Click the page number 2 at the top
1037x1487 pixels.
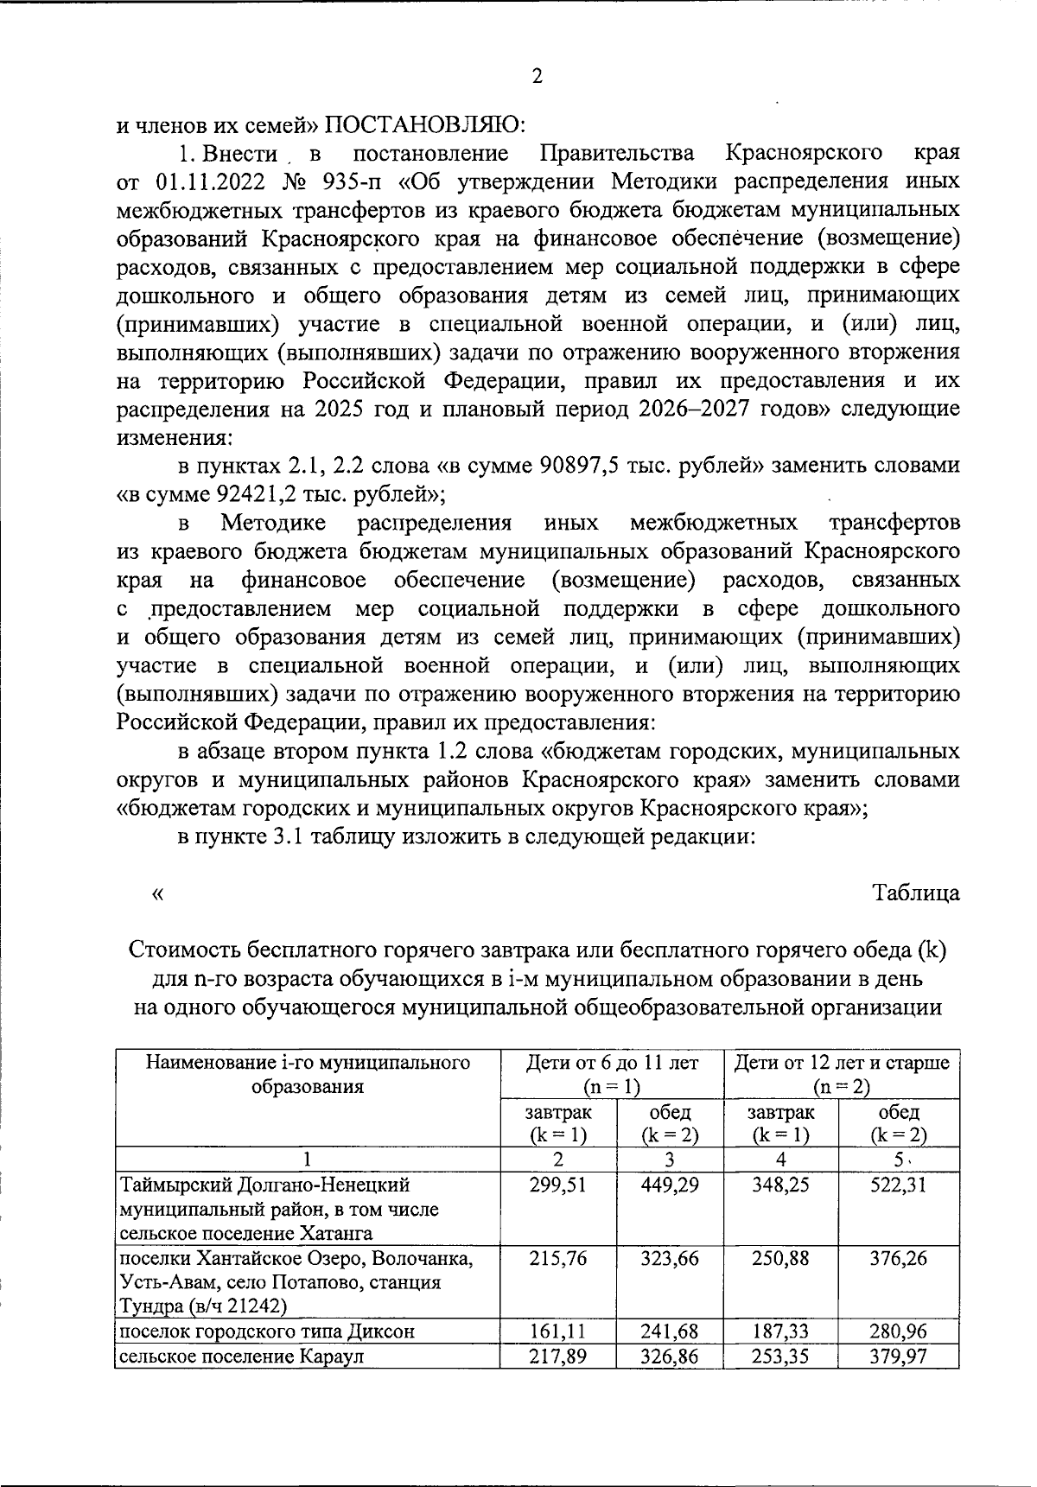point(537,77)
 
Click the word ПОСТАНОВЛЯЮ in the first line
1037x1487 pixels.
point(424,125)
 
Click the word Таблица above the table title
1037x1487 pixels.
point(916,893)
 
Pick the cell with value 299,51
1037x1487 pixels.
point(557,1185)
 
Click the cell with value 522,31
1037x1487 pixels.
point(899,1185)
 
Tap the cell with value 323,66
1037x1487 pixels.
point(670,1259)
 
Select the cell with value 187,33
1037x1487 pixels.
point(780,1331)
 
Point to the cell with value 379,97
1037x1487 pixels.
point(899,1357)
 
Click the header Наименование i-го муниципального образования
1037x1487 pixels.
point(308,1074)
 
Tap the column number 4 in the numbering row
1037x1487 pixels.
point(780,1160)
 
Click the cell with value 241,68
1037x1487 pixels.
point(670,1331)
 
